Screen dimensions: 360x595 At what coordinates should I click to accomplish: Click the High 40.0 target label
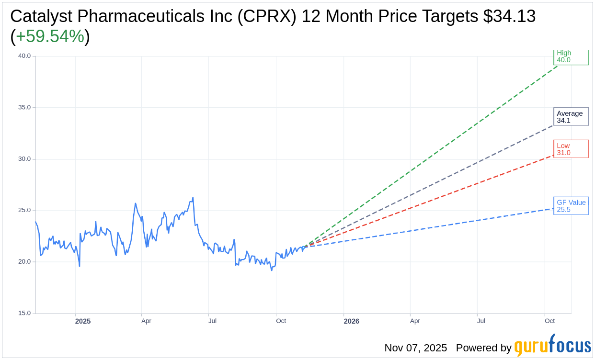571,56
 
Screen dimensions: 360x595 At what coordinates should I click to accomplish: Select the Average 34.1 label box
571,117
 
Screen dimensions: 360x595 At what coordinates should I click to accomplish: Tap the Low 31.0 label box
571,149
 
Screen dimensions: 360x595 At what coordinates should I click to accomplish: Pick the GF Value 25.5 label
571,206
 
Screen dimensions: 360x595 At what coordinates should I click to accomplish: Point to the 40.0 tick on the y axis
24,56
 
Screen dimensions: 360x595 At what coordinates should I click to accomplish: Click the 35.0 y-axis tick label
24,107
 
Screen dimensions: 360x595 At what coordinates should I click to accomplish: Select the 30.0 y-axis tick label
24,159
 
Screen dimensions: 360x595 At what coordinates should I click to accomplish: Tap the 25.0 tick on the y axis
24,210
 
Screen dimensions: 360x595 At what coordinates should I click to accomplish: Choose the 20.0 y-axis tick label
24,262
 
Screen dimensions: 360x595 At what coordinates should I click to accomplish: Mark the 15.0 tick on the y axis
24,313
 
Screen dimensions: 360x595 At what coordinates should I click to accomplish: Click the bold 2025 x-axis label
83,321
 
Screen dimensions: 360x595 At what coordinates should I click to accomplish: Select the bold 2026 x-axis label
351,321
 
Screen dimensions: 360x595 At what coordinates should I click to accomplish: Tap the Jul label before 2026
212,321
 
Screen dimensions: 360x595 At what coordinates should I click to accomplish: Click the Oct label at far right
549,321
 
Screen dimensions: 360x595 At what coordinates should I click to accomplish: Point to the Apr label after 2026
415,321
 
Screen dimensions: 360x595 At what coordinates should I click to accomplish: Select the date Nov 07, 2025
415,348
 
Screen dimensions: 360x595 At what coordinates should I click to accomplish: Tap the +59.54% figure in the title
50,36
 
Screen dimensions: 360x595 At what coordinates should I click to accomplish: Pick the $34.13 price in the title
509,16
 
